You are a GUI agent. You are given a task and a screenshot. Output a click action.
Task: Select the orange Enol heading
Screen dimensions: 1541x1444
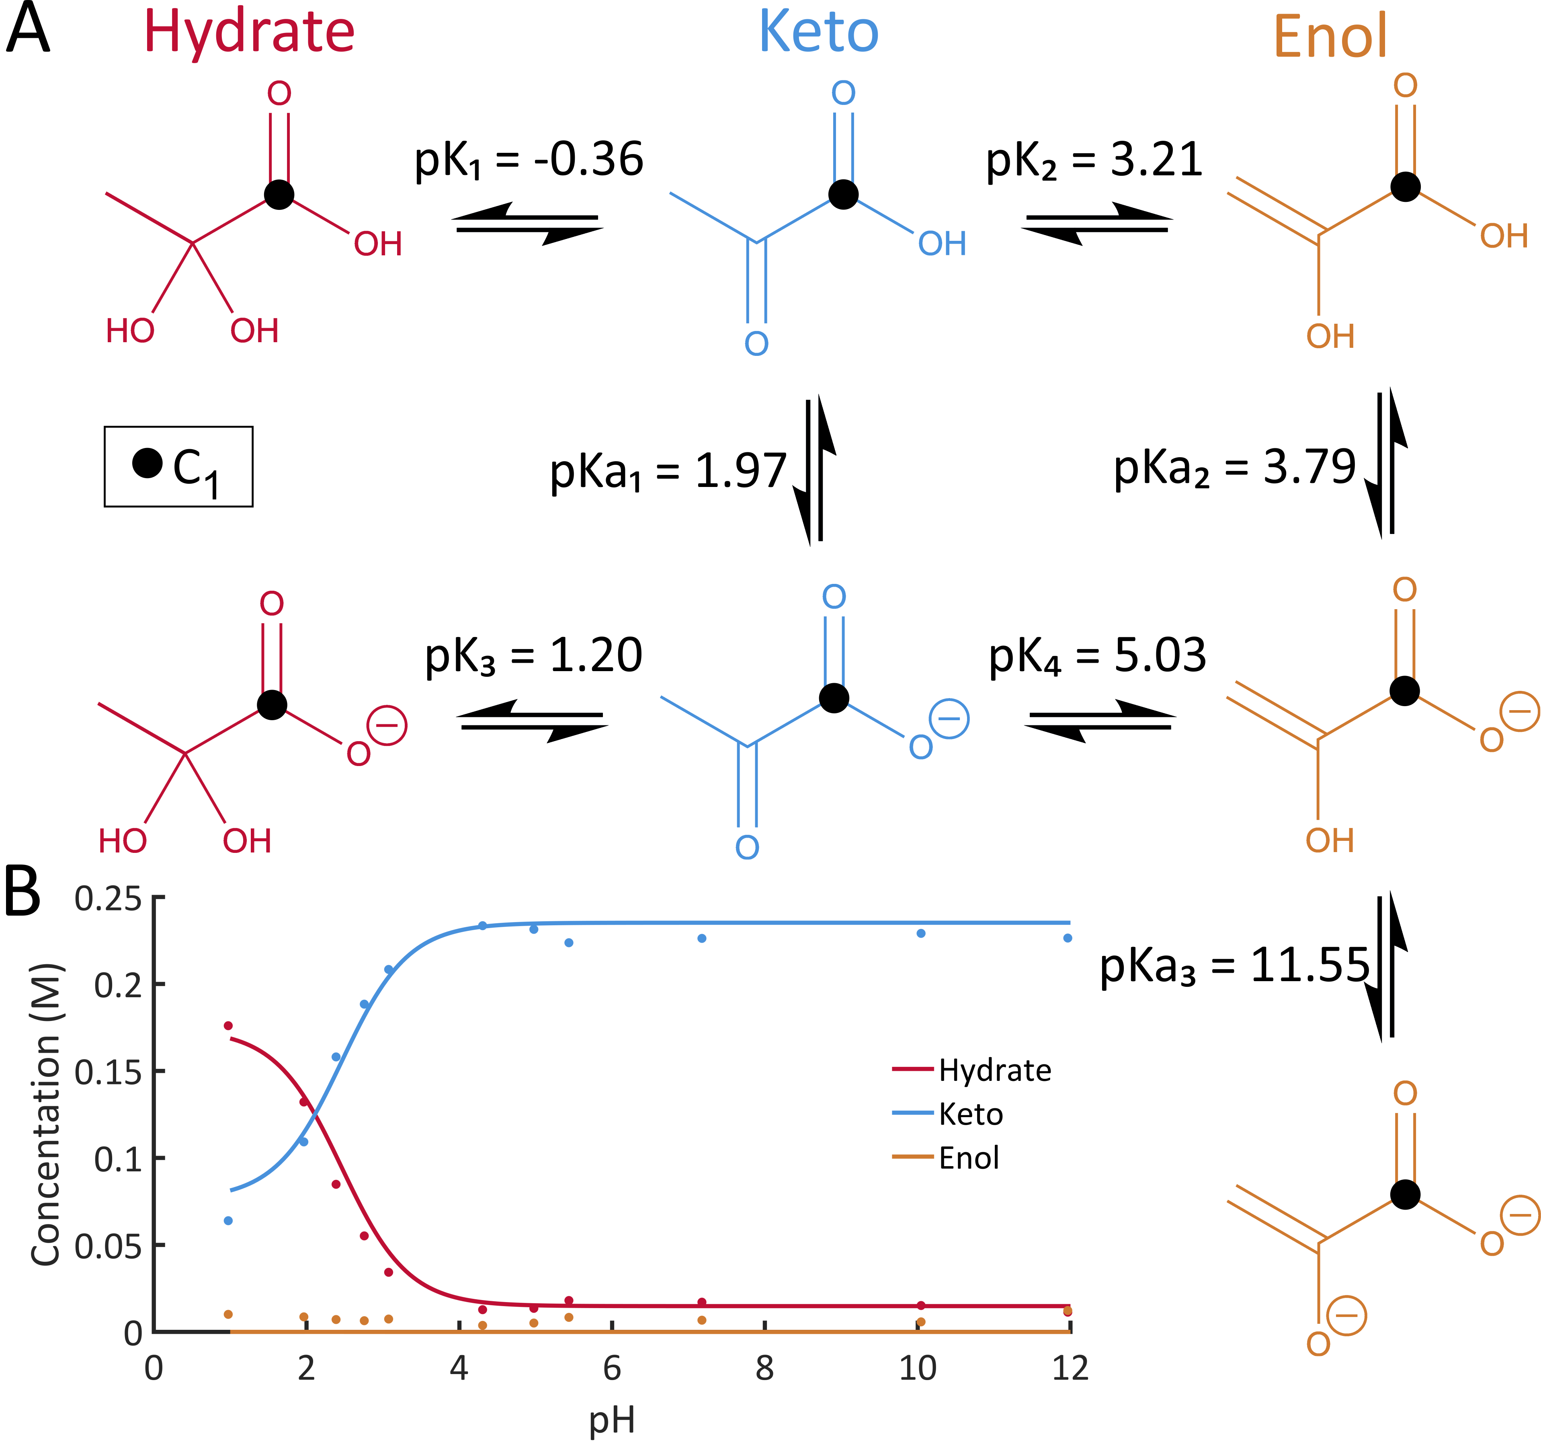(x=1330, y=37)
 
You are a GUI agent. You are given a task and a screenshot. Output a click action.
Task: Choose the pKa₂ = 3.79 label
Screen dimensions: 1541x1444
(x=1234, y=468)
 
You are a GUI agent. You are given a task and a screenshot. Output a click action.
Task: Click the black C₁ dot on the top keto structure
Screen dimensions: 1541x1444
(x=843, y=194)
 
